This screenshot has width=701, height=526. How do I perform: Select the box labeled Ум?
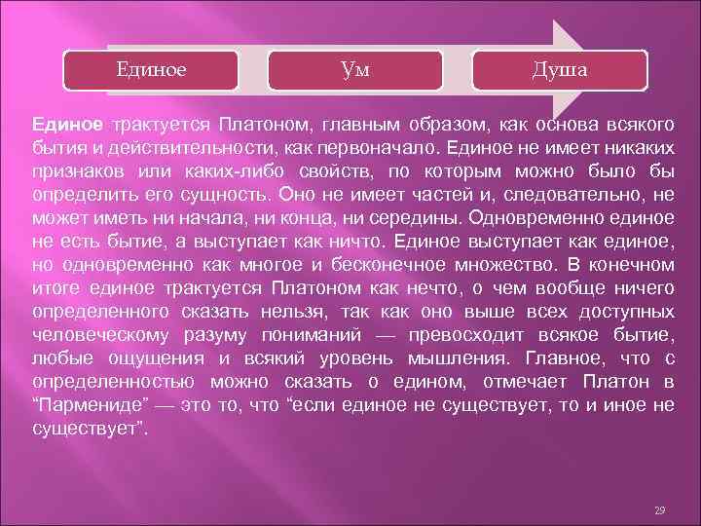pos(355,69)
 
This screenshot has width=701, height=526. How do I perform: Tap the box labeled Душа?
pos(559,69)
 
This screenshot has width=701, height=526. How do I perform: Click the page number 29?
pos(659,510)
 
